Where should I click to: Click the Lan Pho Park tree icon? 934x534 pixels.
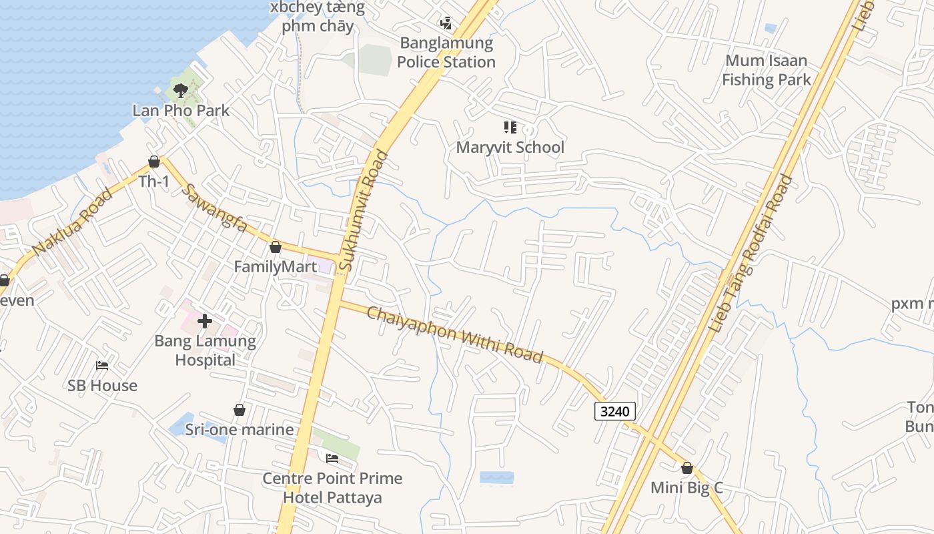click(180, 90)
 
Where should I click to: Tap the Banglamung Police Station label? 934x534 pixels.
click(446, 53)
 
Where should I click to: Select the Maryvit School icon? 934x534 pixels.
click(510, 127)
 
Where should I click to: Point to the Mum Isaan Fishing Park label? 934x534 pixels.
click(767, 70)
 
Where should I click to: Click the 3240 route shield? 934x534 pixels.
click(614, 411)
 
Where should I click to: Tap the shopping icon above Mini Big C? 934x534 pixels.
click(687, 468)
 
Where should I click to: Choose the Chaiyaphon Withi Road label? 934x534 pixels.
click(455, 334)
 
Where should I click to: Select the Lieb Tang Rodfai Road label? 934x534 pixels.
click(751, 254)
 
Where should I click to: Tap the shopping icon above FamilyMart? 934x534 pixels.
click(276, 248)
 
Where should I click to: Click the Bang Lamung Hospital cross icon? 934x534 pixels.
click(205, 321)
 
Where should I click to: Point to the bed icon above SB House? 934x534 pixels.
click(102, 366)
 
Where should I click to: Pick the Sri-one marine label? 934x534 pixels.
click(240, 429)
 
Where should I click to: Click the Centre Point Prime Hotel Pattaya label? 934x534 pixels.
click(332, 488)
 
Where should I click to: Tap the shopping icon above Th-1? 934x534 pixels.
click(154, 162)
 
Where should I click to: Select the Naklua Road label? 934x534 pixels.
click(72, 222)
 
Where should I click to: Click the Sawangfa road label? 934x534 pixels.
click(214, 208)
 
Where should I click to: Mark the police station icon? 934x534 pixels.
click(446, 24)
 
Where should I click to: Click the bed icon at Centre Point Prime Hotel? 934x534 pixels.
click(332, 459)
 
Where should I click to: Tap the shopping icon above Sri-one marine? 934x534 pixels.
click(240, 410)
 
